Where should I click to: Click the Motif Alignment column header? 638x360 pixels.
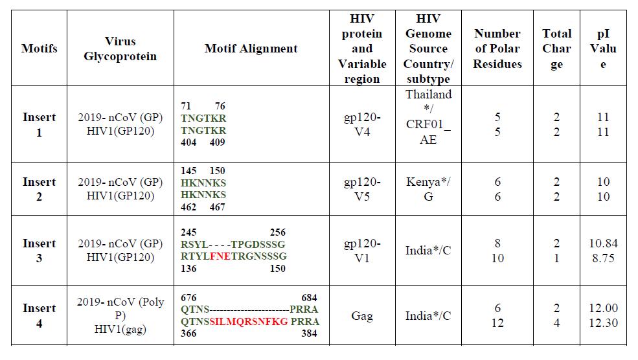point(251,49)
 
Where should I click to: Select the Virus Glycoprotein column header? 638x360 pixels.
point(120,49)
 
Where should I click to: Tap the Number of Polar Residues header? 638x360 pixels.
point(497,49)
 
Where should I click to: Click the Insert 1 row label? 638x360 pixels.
point(39,124)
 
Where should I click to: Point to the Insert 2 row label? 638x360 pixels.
point(39,189)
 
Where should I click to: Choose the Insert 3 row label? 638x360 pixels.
point(39,251)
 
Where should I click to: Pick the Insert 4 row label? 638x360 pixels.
point(39,315)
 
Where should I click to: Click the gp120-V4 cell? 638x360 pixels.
point(362,124)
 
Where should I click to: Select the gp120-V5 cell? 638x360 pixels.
point(362,189)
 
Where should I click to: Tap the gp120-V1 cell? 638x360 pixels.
point(362,251)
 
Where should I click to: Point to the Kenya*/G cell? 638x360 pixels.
point(428,189)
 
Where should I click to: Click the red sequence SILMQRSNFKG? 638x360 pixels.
point(248,322)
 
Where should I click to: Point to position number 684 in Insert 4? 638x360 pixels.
point(310,298)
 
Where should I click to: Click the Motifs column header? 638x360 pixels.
point(39,49)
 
